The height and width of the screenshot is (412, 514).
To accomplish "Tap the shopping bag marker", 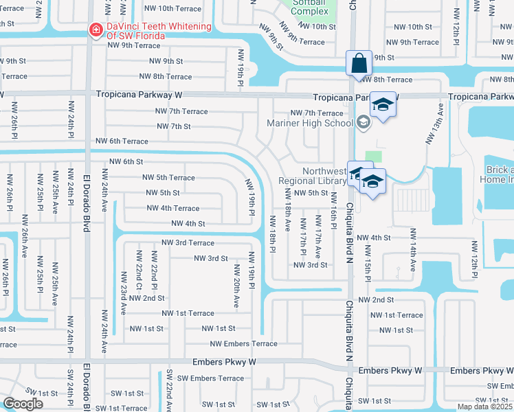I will click(x=359, y=63).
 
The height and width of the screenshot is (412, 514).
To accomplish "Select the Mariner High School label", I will click(x=310, y=124).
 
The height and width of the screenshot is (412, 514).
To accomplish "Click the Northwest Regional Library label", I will click(x=312, y=176).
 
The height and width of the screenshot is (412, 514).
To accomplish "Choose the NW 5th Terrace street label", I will click(x=168, y=178).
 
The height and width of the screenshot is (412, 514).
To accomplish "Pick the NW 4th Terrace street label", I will click(x=172, y=208).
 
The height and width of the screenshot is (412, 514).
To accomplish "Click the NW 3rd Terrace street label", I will click(x=188, y=242).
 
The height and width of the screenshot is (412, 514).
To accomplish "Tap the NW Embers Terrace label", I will click(x=243, y=343).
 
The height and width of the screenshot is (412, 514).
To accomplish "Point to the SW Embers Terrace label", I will click(x=210, y=378).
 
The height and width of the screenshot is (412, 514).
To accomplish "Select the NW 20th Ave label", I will click(x=236, y=285).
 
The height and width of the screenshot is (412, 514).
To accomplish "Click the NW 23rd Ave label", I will click(x=124, y=293).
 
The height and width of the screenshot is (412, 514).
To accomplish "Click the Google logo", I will click(x=23, y=404).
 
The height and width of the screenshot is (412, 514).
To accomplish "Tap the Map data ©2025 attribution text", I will click(x=484, y=407).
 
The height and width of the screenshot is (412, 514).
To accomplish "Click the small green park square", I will click(x=373, y=157).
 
